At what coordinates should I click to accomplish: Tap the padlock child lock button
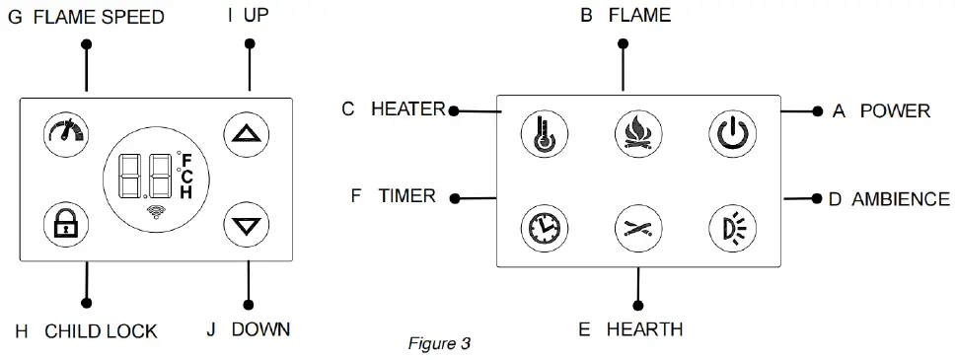coord(65,226)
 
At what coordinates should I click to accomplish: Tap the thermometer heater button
coord(542,135)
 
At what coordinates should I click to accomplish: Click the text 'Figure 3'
coord(439,344)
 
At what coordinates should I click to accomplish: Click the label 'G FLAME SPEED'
coord(86,18)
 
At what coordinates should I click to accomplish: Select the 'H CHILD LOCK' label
coord(86,331)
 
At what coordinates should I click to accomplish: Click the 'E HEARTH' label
coord(630,329)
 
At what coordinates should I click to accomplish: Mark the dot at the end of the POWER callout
coord(817,111)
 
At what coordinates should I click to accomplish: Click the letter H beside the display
coord(185,193)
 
